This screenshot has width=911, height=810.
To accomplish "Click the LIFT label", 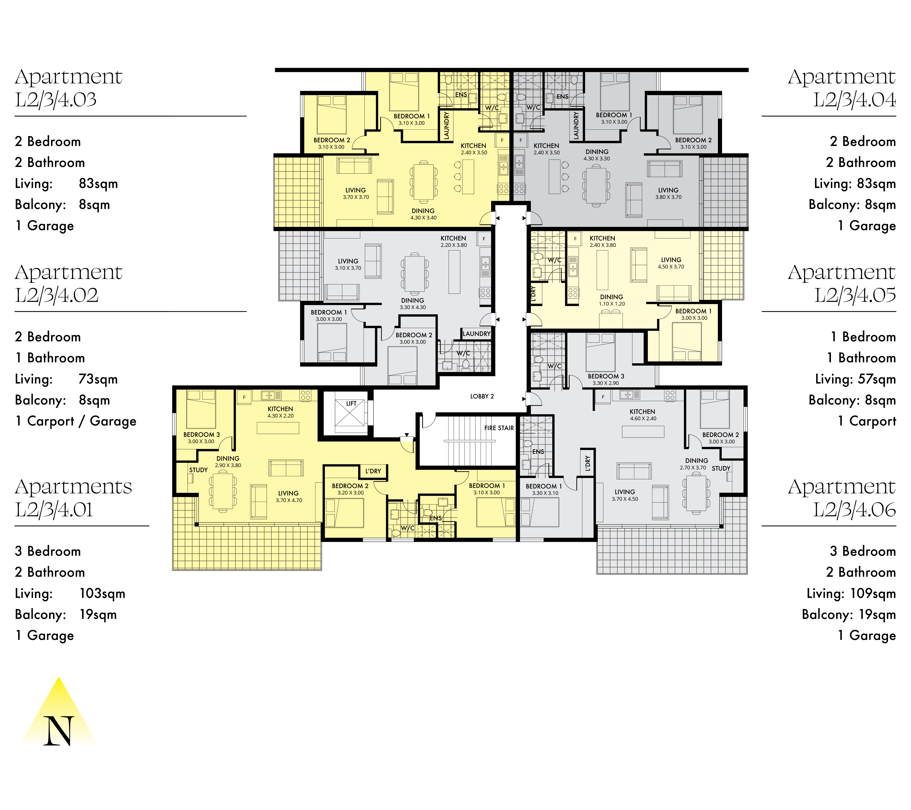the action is coord(351,403).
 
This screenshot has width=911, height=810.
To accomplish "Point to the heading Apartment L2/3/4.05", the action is coord(841,284).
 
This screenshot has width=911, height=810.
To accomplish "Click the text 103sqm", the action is coord(102,593).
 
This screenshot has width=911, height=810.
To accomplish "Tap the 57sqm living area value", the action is coord(877,379).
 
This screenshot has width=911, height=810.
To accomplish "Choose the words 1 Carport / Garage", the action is coord(76,421).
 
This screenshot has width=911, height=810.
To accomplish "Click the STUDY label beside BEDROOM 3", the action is coord(198,470).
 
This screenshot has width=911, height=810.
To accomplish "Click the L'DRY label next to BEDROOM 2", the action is coord(373,471).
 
